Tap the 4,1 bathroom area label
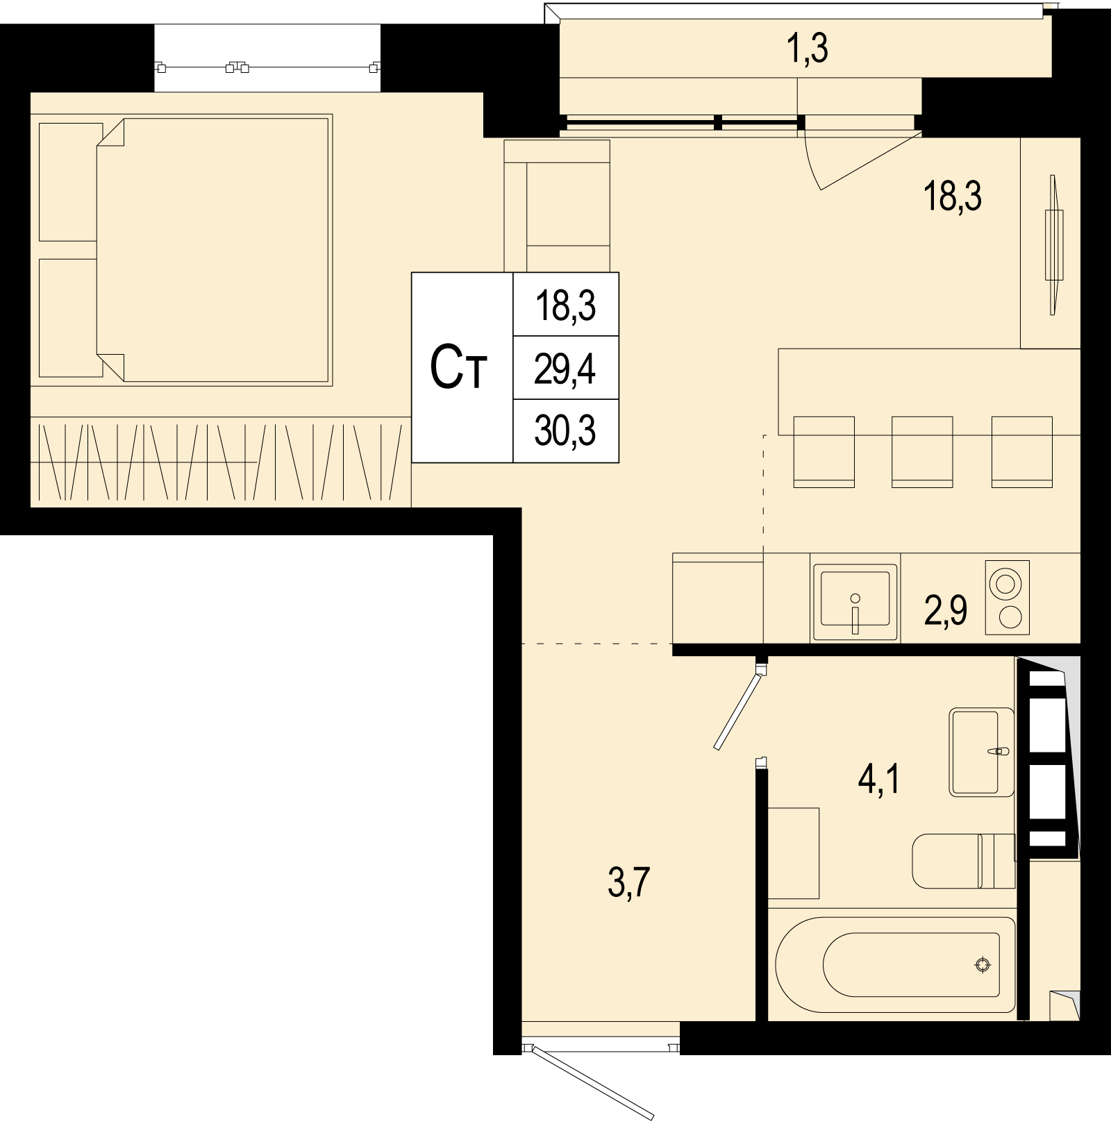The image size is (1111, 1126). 879,780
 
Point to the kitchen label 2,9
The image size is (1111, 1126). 946,611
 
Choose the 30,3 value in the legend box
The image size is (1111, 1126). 565,431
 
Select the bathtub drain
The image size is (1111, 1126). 982,964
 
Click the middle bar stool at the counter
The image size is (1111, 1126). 921,451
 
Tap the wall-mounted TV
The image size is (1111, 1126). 1054,245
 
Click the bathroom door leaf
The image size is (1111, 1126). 738,707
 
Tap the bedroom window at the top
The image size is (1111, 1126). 267,67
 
